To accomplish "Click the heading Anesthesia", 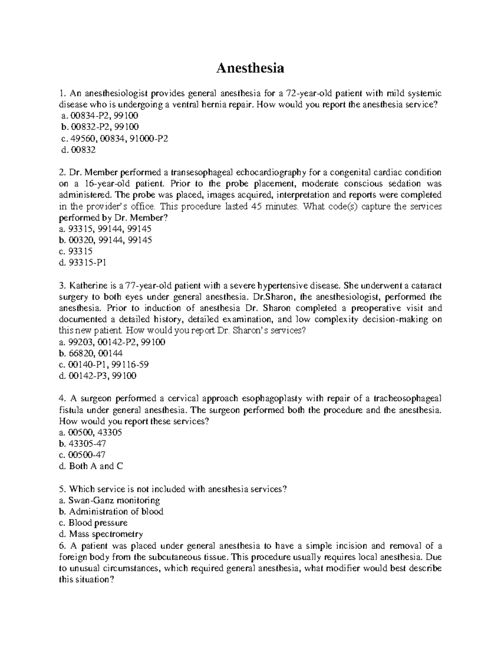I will tap(250, 68).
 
